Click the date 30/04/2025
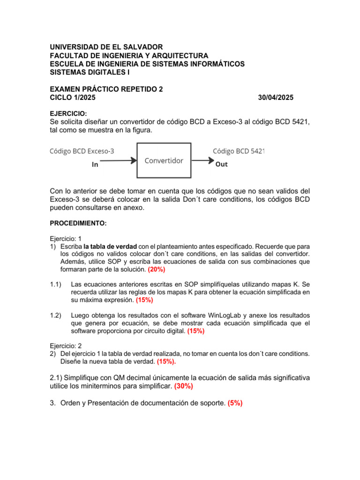coord(276,97)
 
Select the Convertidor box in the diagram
coord(164,160)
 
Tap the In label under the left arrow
coord(95,165)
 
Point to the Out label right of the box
coord(221,165)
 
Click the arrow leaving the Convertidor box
coord(202,160)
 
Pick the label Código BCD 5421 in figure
coord(239,151)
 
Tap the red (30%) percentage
coord(183,386)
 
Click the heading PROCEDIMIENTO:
coord(78,224)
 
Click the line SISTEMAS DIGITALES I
coord(90,72)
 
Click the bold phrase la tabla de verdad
coord(110,246)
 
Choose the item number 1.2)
coord(56,315)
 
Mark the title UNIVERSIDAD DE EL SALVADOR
coord(106,47)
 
